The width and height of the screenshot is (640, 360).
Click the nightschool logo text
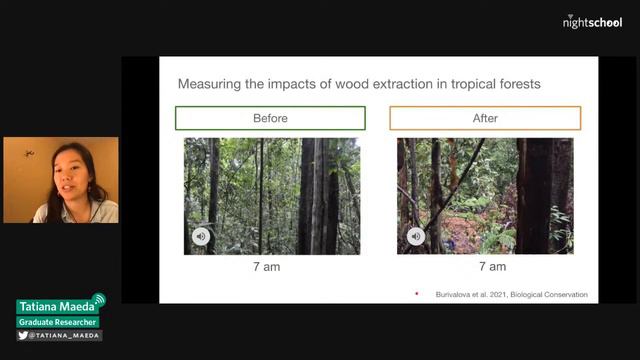[x=593, y=21]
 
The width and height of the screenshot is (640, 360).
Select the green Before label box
[x=270, y=118]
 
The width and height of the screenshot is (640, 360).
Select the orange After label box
[x=485, y=118]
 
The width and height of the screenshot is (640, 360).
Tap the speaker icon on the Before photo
[x=201, y=237]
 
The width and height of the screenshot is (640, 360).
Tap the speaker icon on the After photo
[x=415, y=237]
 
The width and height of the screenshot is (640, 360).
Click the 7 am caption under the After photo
[x=492, y=267]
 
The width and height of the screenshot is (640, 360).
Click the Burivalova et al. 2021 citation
[x=511, y=294]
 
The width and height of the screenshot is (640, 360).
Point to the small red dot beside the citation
[x=416, y=294]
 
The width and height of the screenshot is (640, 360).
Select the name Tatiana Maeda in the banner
[x=55, y=307]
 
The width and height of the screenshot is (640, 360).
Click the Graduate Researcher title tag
[x=57, y=322]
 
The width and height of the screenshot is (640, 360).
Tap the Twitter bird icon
[x=23, y=336]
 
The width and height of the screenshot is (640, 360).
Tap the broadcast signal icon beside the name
[x=98, y=300]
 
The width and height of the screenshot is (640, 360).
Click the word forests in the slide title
[x=517, y=84]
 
